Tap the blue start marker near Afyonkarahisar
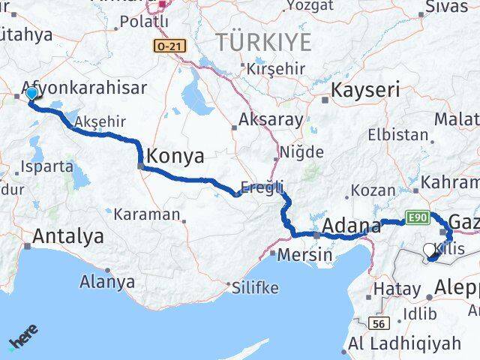pyautogui.click(x=31, y=94)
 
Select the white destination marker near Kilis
pyautogui.click(x=429, y=250)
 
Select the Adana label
pyautogui.click(x=351, y=224)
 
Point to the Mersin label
pyautogui.click(x=304, y=254)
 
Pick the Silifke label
pyautogui.click(x=255, y=288)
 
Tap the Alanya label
pyautogui.click(x=109, y=282)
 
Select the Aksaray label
pyautogui.click(x=271, y=120)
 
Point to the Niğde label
pyautogui.click(x=301, y=152)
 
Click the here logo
pyautogui.click(x=23, y=339)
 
